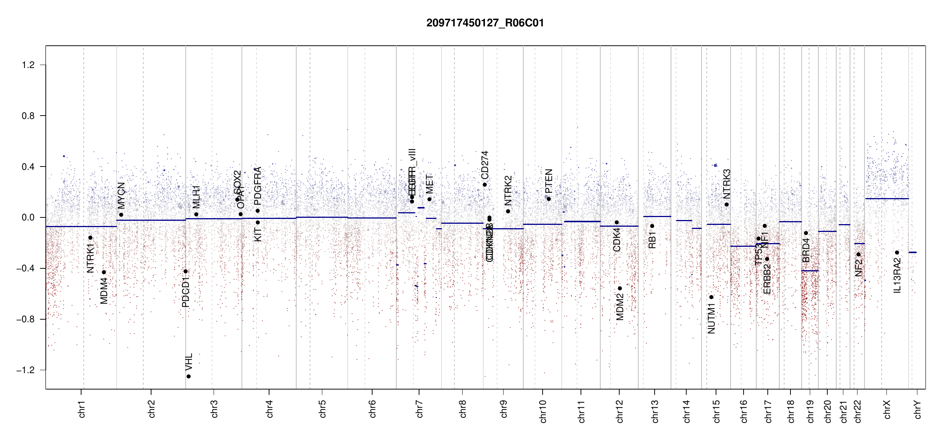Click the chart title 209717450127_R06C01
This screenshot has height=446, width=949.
pos(485,23)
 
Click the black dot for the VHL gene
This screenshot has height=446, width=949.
pos(189,376)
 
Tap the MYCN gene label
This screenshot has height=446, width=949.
pos(121,195)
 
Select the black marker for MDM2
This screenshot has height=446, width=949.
pos(620,288)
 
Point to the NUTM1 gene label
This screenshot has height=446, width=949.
pos(711,319)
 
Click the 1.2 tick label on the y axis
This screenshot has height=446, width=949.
pos(28,65)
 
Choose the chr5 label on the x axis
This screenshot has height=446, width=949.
pos(322,409)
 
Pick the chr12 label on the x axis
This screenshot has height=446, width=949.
pos(620,411)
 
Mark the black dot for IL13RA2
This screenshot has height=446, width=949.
pos(897,253)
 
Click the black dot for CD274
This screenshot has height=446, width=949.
pos(485,185)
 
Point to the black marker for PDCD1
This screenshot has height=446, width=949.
pos(186,271)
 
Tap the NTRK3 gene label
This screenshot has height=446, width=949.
pos(727,184)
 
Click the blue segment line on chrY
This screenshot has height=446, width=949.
pos(913,252)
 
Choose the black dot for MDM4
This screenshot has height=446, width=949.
pos(104,272)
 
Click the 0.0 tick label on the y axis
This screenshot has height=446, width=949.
pos(28,217)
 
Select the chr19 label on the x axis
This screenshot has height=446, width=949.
pos(810,411)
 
